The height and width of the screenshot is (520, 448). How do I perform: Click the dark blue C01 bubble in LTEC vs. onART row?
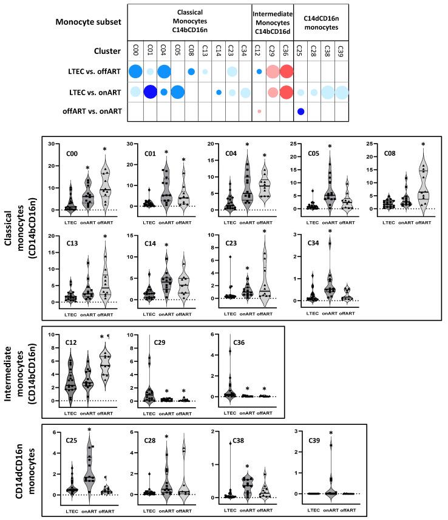[x=151, y=92]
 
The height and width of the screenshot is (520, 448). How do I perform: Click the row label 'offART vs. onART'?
[x=92, y=112]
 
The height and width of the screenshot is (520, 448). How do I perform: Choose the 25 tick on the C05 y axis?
[x=294, y=144]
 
